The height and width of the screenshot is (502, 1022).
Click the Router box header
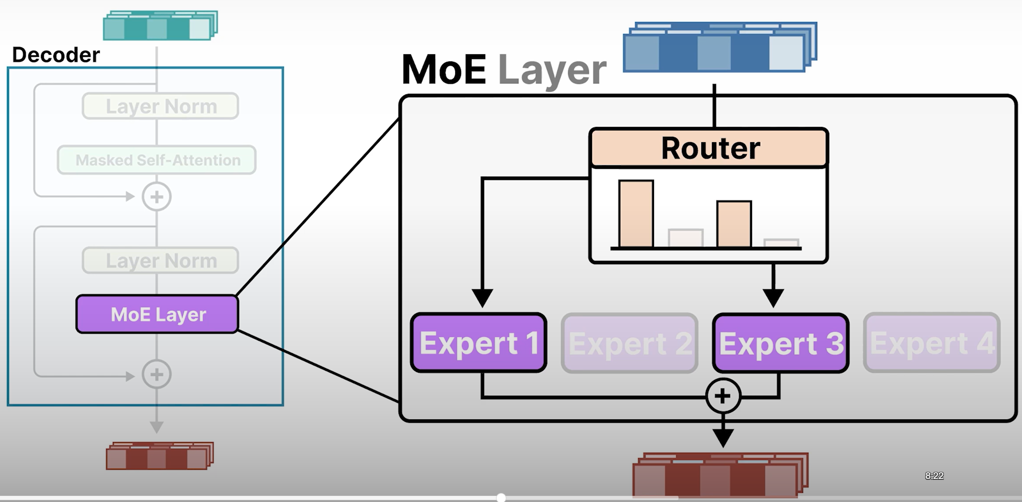[x=709, y=148]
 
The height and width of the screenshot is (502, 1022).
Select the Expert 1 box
[x=478, y=342]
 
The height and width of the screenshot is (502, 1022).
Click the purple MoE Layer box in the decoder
[x=158, y=314]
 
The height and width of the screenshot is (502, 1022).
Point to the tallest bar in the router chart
[x=636, y=214]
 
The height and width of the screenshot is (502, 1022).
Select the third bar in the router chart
[x=734, y=224]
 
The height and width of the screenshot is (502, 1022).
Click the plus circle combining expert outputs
[x=723, y=396]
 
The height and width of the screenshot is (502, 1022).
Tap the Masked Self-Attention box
[x=157, y=160]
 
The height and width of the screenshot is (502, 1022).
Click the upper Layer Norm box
[x=161, y=106]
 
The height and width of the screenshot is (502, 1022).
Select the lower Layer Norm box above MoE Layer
[x=161, y=261]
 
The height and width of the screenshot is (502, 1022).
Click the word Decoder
[x=56, y=55]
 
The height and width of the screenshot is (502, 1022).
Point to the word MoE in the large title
[x=444, y=70]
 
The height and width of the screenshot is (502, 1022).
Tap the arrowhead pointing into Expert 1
[x=482, y=297]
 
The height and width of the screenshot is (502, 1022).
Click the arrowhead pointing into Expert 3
[x=773, y=297]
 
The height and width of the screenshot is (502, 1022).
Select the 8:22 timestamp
[x=934, y=476]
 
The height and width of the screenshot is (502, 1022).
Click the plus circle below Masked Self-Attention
[x=157, y=197]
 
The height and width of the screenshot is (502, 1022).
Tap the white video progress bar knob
[x=501, y=498]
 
